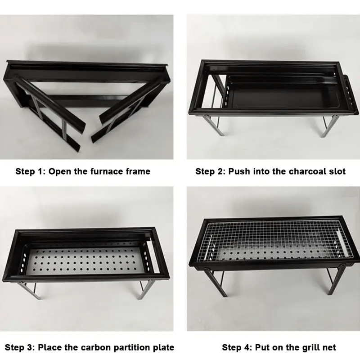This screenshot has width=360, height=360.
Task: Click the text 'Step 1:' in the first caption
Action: (30, 171)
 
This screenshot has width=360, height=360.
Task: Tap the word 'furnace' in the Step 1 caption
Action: (105, 171)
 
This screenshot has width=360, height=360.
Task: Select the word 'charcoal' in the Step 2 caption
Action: (297, 171)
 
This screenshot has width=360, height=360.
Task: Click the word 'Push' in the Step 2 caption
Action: (239, 171)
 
